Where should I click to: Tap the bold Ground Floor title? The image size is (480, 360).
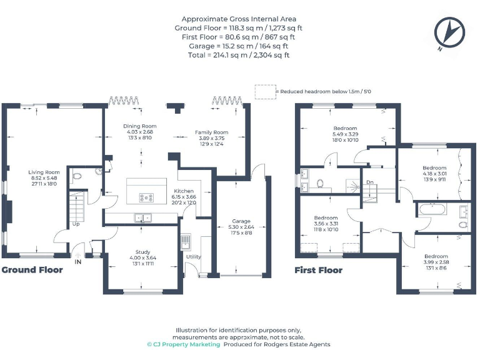tap(32, 270)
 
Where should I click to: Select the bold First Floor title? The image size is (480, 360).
tap(319, 270)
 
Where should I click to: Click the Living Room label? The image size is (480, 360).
tap(44, 172)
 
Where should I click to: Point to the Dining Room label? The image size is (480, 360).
tap(139, 126)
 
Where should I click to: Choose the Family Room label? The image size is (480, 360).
tap(212, 132)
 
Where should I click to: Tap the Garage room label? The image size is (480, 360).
tap(241, 221)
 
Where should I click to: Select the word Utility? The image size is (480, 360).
tap(193, 257)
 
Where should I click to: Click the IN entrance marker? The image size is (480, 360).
tap(78, 263)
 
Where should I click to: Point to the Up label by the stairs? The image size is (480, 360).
tap(76, 223)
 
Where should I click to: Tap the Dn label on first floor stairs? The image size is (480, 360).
tap(370, 182)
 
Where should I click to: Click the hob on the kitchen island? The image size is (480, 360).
tap(146, 197)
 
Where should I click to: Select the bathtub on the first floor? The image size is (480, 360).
tap(431, 209)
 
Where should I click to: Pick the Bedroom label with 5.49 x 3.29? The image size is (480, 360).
tap(345, 128)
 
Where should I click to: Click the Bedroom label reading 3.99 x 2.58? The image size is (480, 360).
tap(435, 256)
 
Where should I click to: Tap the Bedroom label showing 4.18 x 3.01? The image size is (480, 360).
tap(434, 168)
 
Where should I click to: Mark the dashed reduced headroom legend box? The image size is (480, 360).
tap(264, 91)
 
